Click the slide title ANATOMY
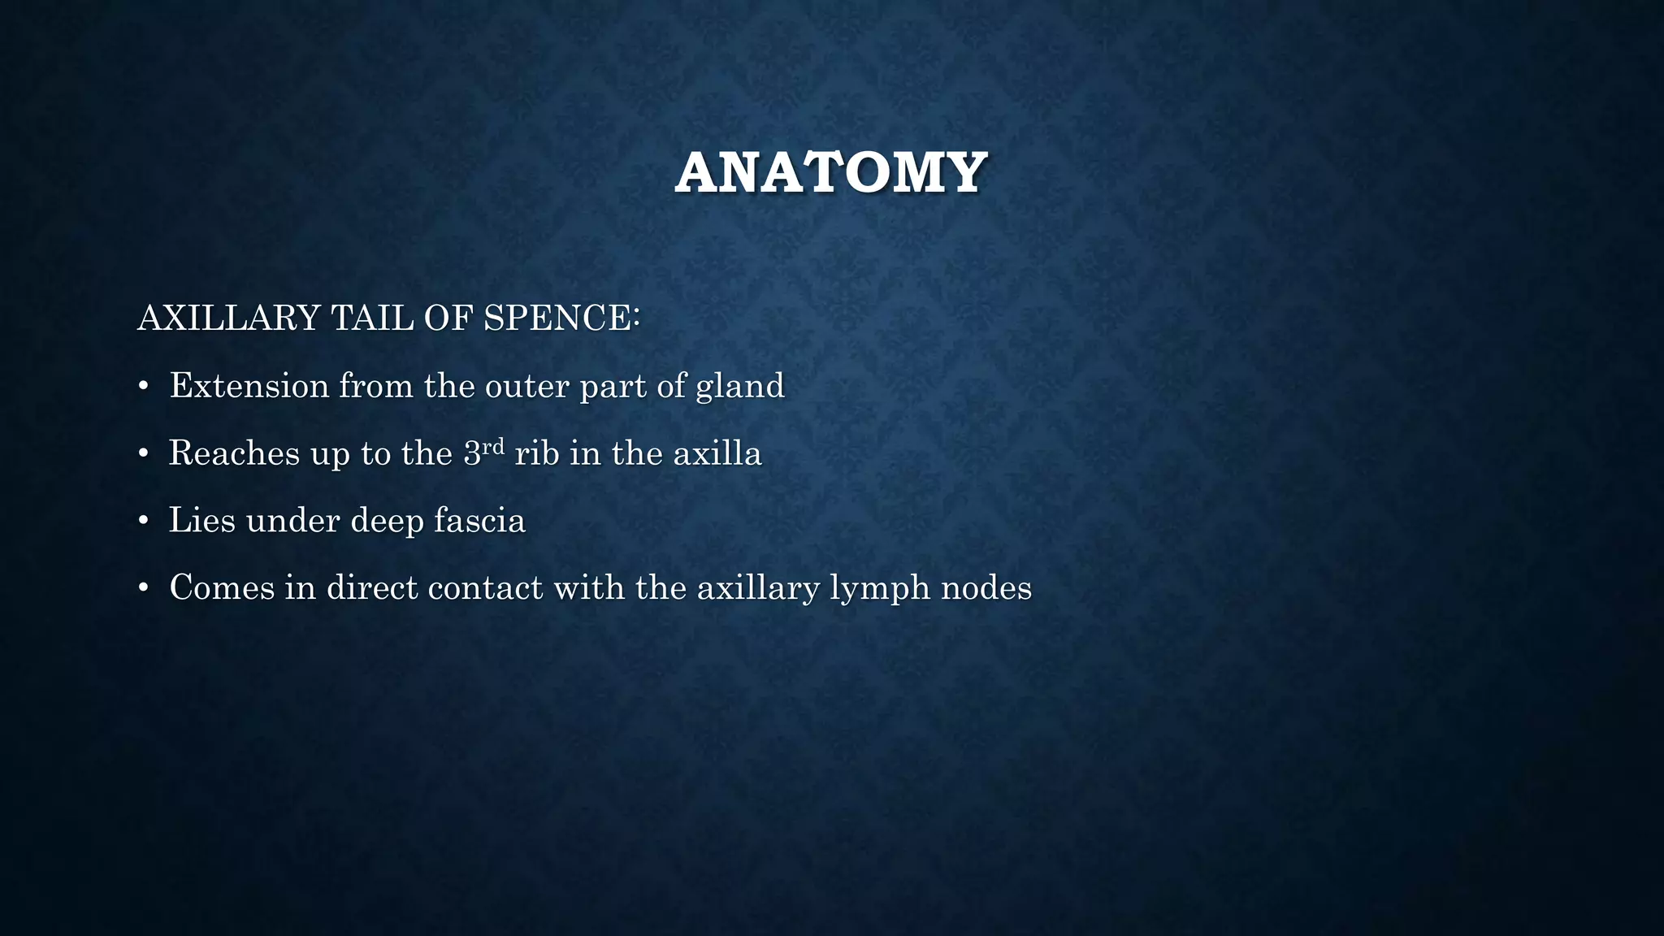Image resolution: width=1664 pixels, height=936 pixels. tap(830, 172)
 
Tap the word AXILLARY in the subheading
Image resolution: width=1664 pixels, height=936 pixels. tap(229, 318)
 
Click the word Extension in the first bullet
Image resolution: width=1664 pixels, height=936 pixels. tap(249, 385)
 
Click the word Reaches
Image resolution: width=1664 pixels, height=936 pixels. tap(234, 453)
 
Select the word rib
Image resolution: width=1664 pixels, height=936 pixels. tap(537, 453)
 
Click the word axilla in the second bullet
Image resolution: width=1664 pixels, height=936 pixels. tap(717, 453)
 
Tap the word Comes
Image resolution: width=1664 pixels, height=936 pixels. tap(222, 588)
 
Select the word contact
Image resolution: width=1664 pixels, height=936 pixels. tap(485, 588)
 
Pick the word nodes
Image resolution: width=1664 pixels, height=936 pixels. tap(986, 588)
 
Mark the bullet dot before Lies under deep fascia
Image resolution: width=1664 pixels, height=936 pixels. tap(144, 521)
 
